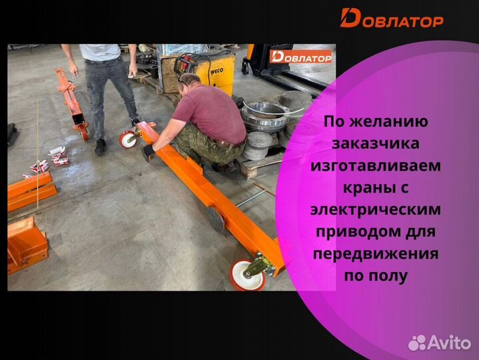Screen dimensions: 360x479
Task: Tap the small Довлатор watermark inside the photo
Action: pyautogui.click(x=301, y=57)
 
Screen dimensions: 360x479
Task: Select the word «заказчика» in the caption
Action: pyautogui.click(x=375, y=144)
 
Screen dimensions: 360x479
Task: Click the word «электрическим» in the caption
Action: pyautogui.click(x=376, y=209)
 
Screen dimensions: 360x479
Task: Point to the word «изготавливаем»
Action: pyautogui.click(x=376, y=166)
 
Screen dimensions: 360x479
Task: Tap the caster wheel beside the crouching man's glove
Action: pyautogui.click(x=129, y=139)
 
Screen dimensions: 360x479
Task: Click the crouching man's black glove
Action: pyautogui.click(x=148, y=151)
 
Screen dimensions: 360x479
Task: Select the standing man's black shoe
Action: pyautogui.click(x=101, y=147)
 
